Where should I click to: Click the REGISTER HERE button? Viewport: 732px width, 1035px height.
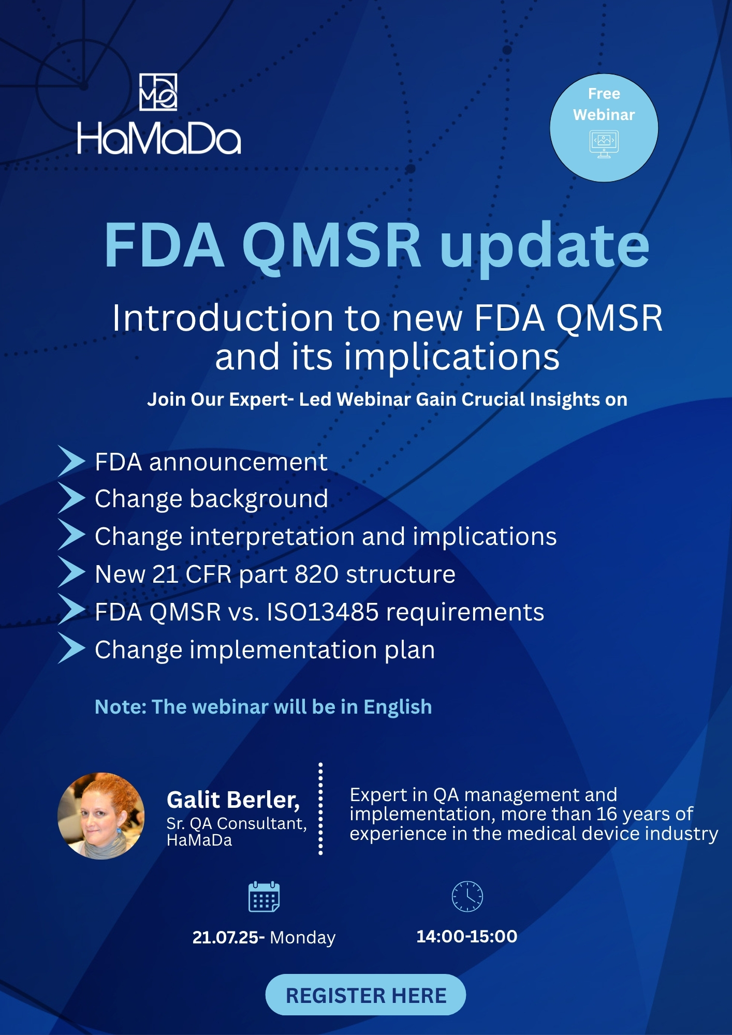[365, 995]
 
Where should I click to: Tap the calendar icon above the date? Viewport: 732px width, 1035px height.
[264, 897]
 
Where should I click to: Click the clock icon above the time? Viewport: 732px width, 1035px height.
[467, 896]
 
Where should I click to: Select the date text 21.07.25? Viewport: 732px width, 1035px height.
[225, 937]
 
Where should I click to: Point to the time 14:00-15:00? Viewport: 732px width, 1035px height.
[466, 936]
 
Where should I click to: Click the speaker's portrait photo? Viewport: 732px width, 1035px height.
[101, 816]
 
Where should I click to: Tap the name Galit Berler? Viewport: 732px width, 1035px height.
[233, 800]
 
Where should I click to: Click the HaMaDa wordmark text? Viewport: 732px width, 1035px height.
[159, 138]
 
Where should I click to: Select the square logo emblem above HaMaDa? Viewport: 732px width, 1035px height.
[158, 92]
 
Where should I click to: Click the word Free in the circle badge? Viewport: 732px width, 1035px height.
[604, 94]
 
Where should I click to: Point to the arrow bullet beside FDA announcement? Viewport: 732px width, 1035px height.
[71, 461]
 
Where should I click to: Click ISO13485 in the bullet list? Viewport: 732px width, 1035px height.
[322, 612]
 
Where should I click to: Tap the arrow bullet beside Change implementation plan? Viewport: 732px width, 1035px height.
[71, 648]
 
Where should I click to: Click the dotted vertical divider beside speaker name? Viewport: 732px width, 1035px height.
[320, 808]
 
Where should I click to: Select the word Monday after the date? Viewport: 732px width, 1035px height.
[302, 938]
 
